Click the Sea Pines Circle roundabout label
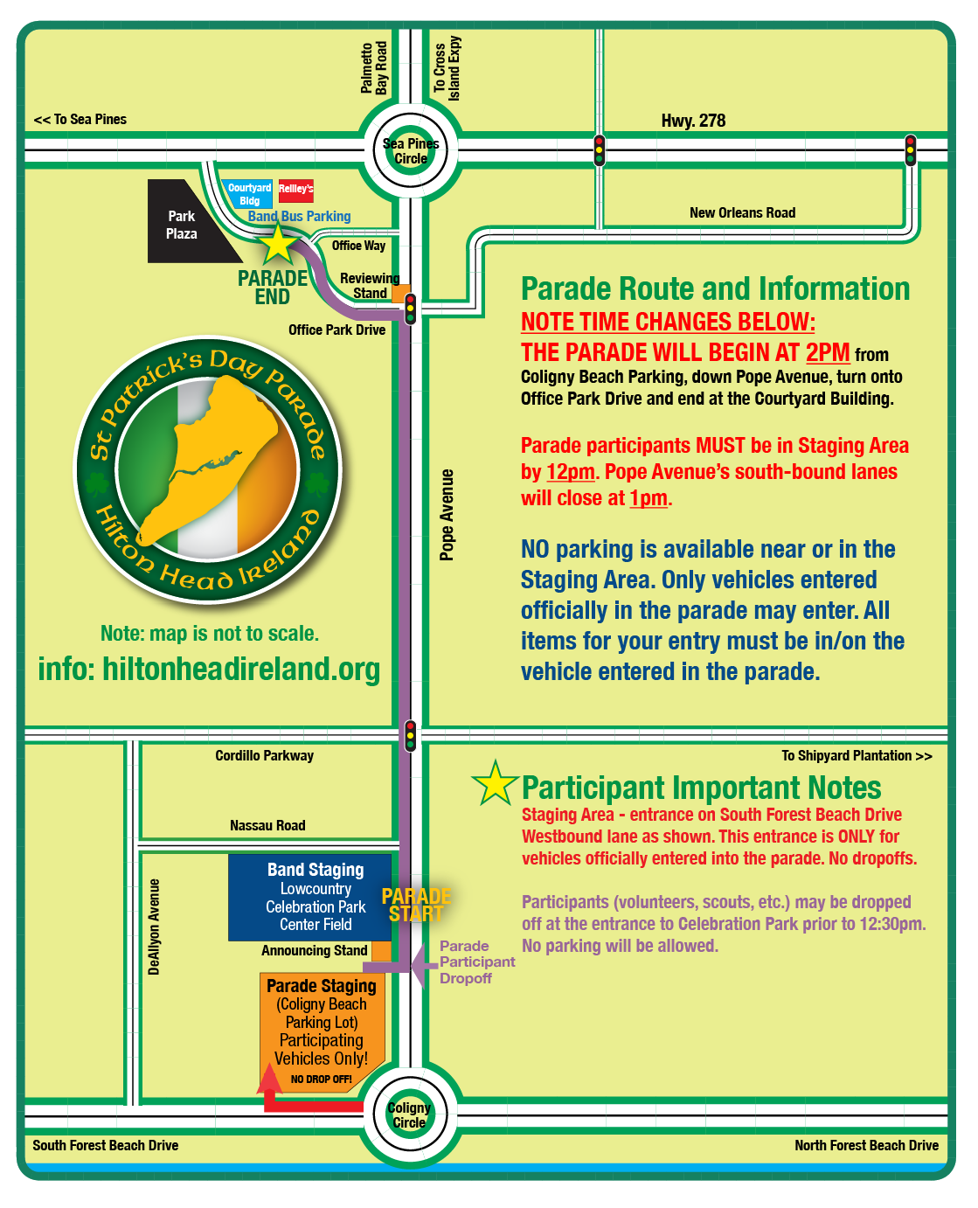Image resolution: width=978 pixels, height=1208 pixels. click(x=411, y=151)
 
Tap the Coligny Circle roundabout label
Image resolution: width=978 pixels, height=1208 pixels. click(x=409, y=1114)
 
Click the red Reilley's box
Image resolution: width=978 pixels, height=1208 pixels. click(x=295, y=190)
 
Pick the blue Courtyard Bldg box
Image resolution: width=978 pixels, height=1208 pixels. click(x=249, y=194)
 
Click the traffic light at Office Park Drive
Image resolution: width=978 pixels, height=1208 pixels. click(x=410, y=309)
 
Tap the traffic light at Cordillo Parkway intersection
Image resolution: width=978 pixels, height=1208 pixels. click(x=410, y=736)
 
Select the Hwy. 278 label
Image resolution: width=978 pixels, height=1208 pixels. click(x=693, y=121)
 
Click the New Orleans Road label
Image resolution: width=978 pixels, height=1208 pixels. click(x=742, y=212)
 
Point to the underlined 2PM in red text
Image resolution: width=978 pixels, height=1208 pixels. click(x=827, y=352)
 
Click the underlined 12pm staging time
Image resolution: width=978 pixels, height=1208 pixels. click(x=570, y=472)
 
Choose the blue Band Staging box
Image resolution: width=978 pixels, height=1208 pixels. click(x=309, y=897)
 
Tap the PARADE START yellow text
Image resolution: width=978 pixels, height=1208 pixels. click(x=416, y=905)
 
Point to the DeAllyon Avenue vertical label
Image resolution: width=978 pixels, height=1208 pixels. click(x=155, y=927)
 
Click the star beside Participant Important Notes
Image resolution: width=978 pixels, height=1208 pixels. click(x=495, y=783)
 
